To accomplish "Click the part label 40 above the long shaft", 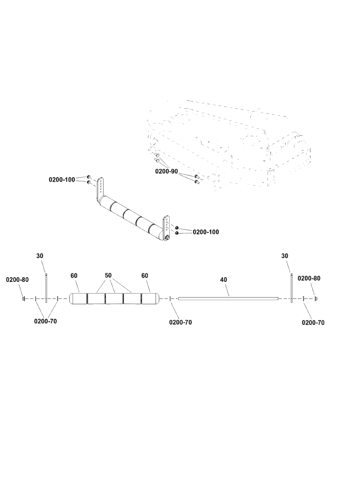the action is click(x=224, y=280).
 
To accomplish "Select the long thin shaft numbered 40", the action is click(x=228, y=299).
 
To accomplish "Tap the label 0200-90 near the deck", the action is click(x=167, y=171).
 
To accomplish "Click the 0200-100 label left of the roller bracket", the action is click(x=62, y=180).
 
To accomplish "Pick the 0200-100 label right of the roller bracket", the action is click(x=206, y=232).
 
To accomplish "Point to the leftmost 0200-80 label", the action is click(x=17, y=280).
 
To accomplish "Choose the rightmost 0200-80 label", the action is click(x=309, y=278).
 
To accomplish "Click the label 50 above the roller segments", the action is click(x=108, y=275).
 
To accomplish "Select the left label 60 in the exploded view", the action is click(x=74, y=276).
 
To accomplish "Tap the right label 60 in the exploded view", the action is click(x=145, y=276).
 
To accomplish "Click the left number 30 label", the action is click(x=40, y=256).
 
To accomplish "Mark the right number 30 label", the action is click(x=285, y=256).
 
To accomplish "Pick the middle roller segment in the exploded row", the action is click(x=114, y=299).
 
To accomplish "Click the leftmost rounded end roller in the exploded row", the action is click(x=78, y=299).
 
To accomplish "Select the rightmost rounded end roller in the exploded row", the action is click(x=150, y=299).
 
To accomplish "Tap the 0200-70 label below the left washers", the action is click(x=45, y=321).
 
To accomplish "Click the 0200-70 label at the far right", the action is click(x=313, y=323).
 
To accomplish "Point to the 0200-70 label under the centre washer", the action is click(x=181, y=322).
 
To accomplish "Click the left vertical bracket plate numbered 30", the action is click(x=46, y=288).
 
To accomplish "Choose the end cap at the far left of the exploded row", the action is click(x=24, y=299).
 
